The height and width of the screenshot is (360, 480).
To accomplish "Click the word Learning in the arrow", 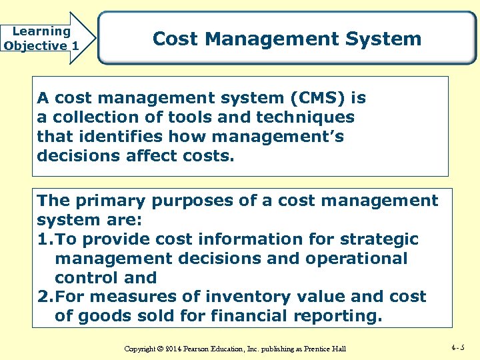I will (x=41, y=31).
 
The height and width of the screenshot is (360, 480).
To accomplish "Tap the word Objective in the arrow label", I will (x=35, y=46).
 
